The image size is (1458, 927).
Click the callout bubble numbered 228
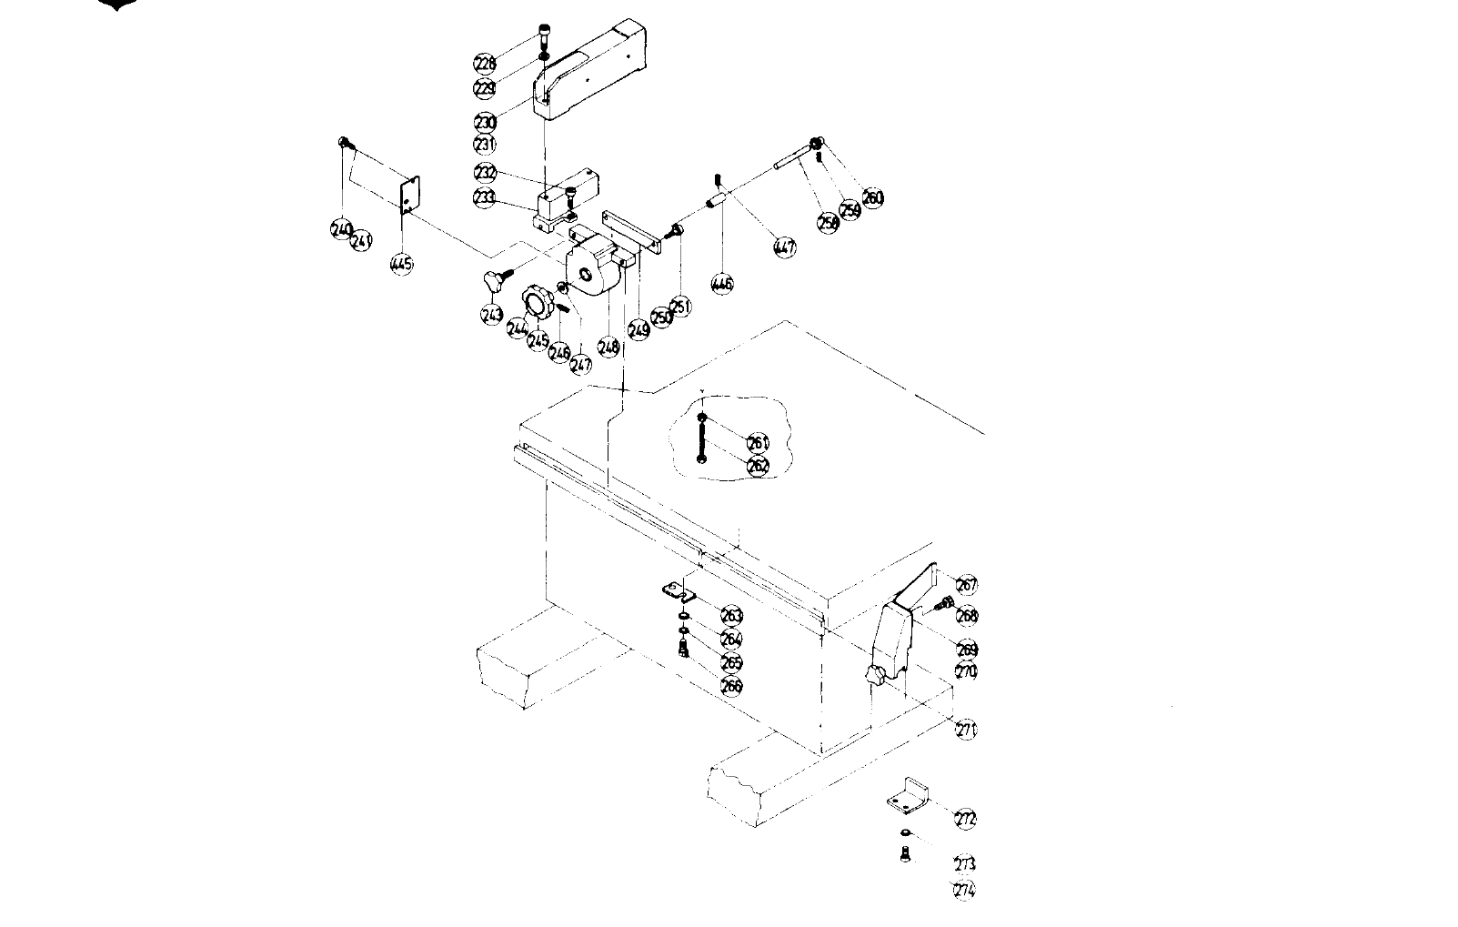coord(485,63)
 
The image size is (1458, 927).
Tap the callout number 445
coord(401,264)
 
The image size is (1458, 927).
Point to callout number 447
coord(784,247)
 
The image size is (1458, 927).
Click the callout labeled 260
coord(872,197)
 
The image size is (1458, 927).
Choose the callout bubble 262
coord(758,466)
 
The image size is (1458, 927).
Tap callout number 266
coord(731,686)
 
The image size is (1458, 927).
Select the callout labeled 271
coord(967,729)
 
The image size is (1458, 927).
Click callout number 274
coord(964,891)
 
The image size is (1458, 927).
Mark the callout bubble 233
coord(485,197)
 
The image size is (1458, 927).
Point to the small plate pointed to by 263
coord(678,592)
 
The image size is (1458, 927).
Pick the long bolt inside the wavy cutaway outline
coord(701,438)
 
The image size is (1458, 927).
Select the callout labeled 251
coord(681,306)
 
